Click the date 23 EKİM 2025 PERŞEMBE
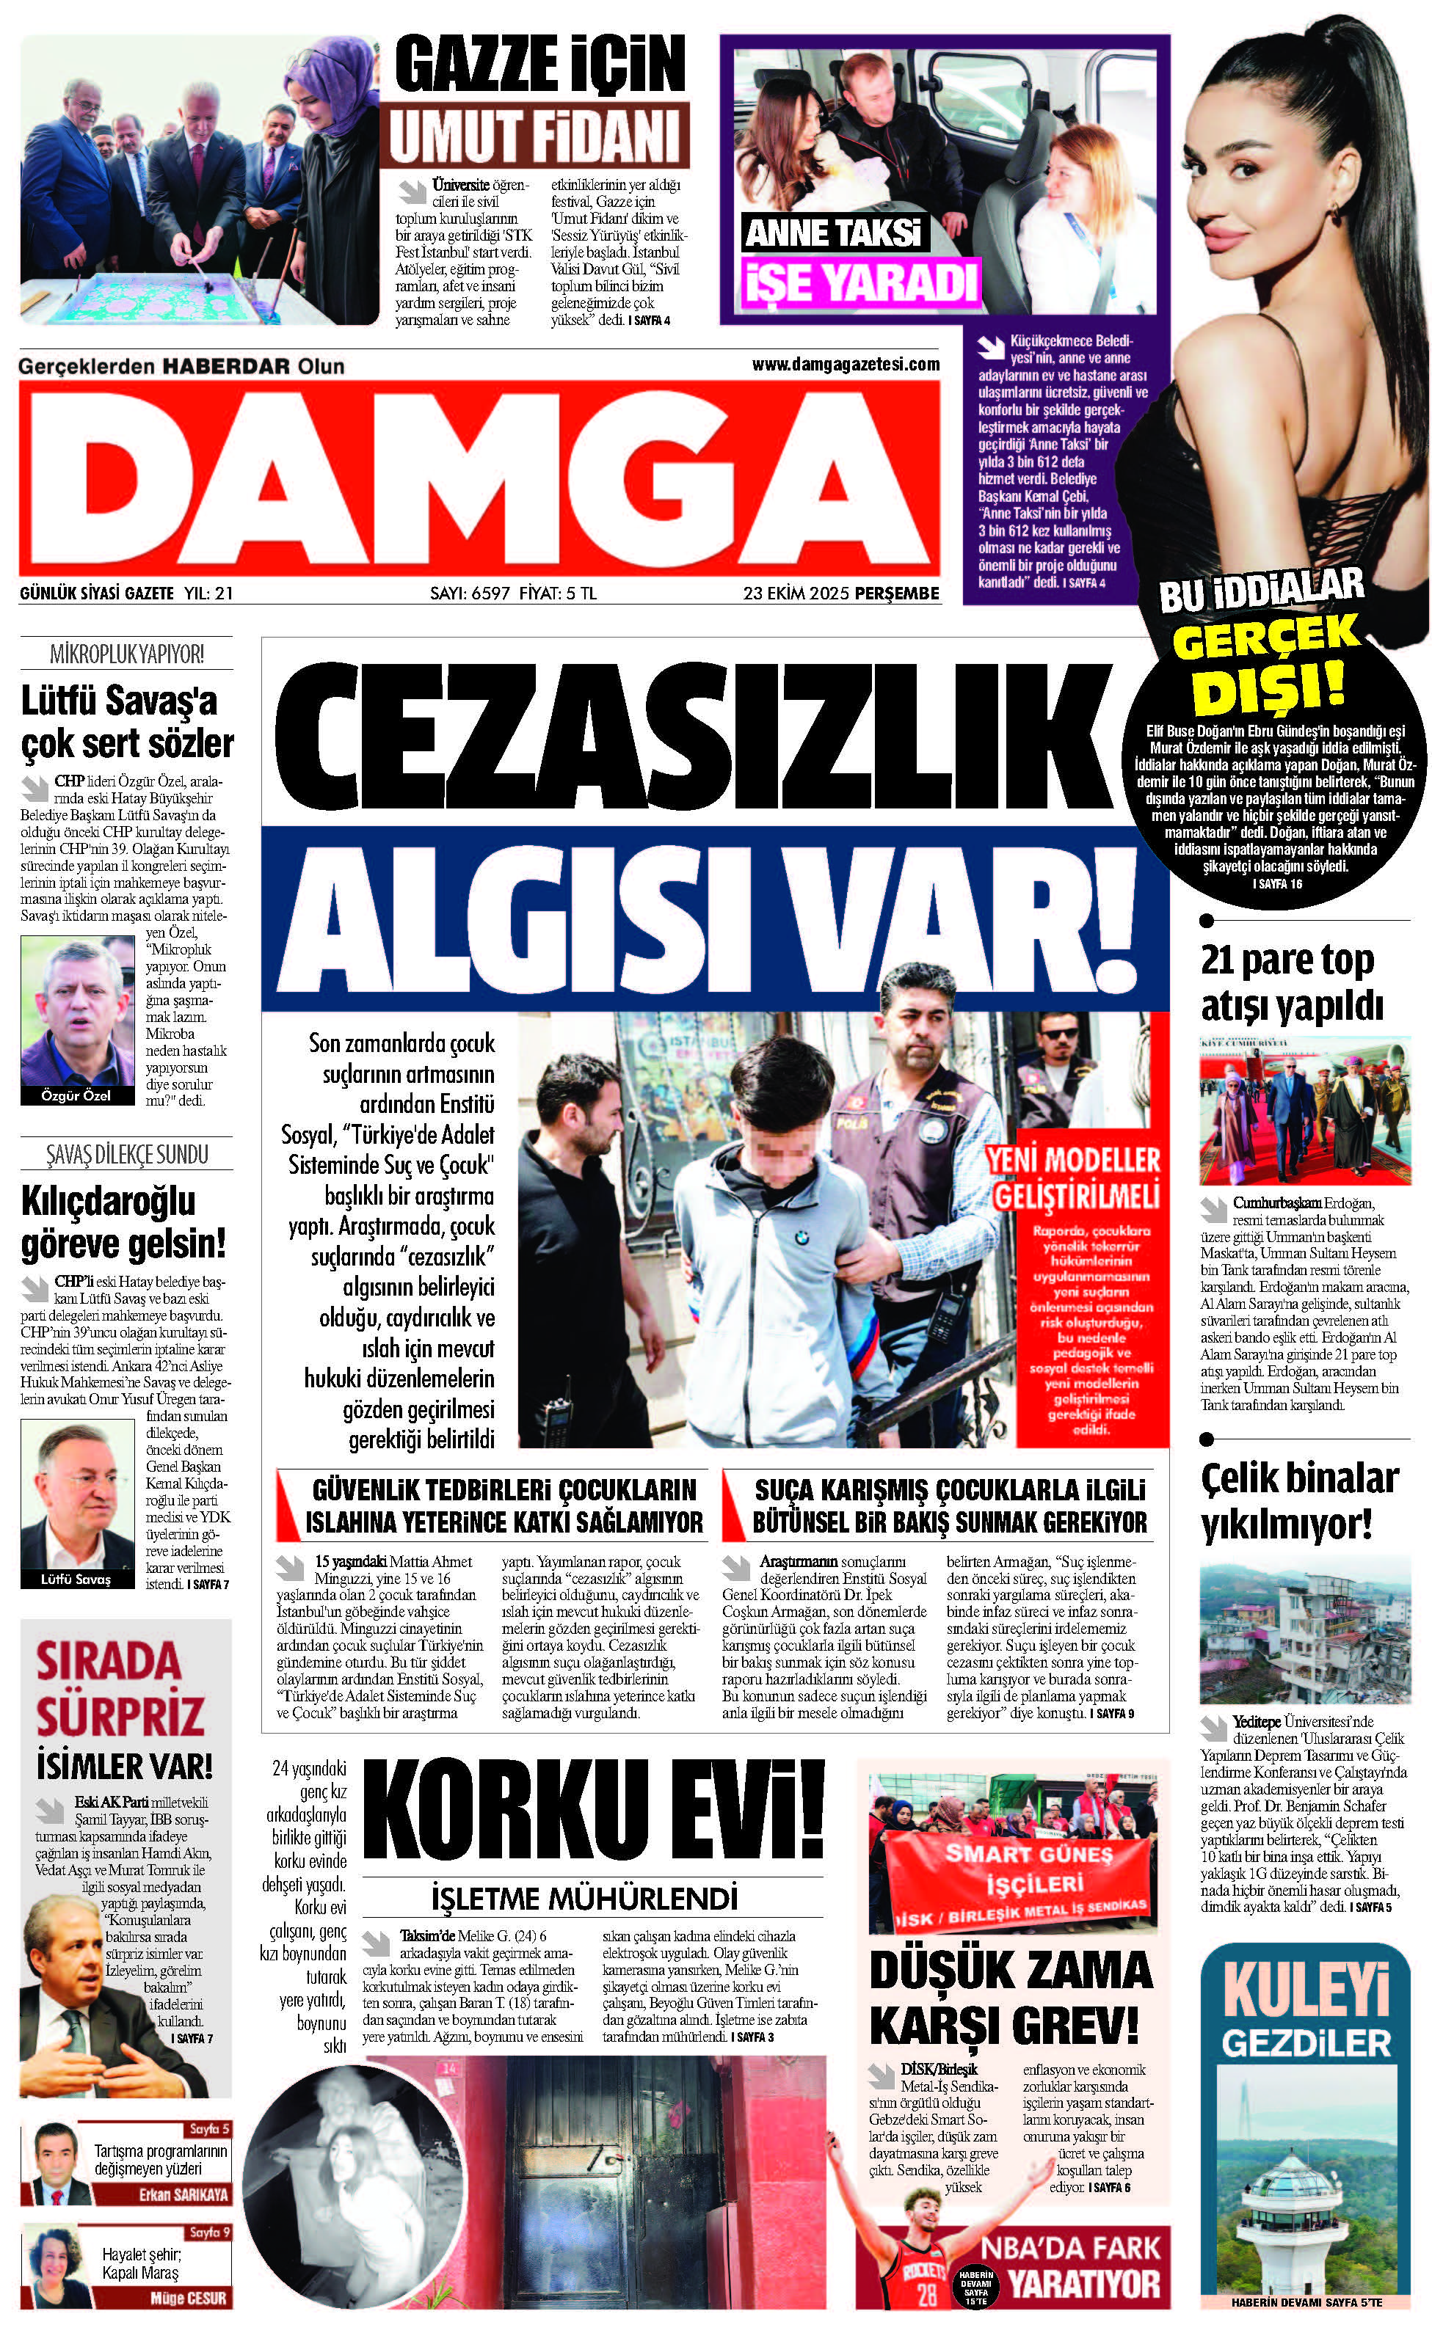(x=841, y=594)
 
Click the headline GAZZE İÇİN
(x=539, y=65)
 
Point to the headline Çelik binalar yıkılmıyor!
(x=1299, y=1501)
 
